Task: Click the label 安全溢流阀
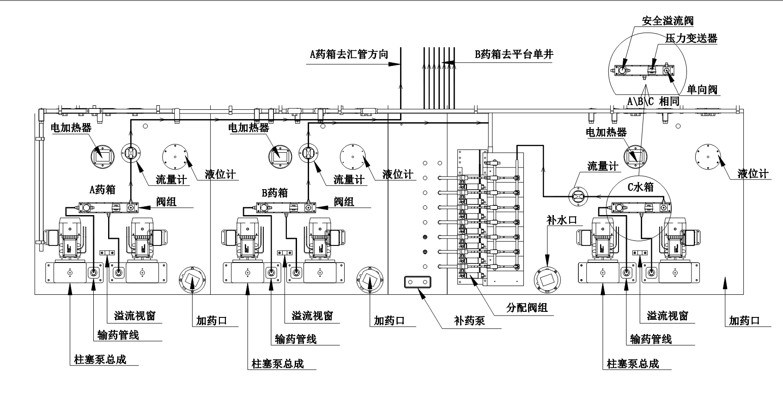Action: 668,21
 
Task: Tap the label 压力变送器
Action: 691,38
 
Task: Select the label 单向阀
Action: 702,89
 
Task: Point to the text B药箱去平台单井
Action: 514,54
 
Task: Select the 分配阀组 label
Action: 527,307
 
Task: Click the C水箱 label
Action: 641,187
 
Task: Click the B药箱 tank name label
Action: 275,193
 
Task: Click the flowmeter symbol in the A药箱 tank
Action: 131,154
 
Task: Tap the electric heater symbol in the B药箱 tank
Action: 280,156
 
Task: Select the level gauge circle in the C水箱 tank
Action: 707,157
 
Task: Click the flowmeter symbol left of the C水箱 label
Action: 577,197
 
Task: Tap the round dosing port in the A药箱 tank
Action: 192,280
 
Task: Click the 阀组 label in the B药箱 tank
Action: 344,201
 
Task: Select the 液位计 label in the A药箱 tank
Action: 220,174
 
